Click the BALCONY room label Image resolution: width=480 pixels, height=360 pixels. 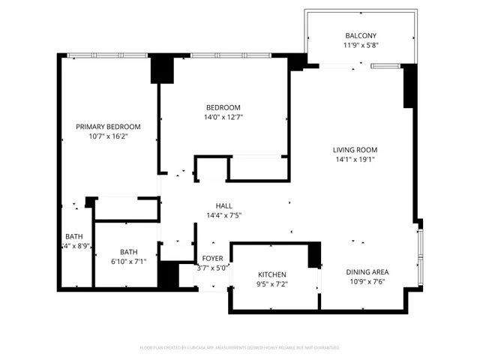(x=360, y=36)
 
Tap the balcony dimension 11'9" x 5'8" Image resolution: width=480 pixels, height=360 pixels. (x=360, y=46)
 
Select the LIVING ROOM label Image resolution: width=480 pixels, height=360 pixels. (x=355, y=149)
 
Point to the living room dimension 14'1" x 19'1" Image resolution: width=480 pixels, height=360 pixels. (x=355, y=159)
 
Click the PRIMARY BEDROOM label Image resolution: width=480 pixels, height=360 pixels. (x=108, y=127)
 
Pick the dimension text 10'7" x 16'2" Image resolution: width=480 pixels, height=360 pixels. (x=108, y=136)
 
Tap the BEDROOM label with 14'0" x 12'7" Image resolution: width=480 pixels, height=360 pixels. (x=223, y=107)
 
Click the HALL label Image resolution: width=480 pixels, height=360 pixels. (x=223, y=205)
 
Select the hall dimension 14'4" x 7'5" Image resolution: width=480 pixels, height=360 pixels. (x=223, y=215)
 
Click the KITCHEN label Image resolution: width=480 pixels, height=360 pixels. (x=272, y=274)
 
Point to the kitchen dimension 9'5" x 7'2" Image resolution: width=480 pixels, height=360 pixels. (x=272, y=284)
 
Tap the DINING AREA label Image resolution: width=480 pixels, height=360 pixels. (x=367, y=271)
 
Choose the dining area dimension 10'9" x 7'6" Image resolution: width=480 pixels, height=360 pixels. (x=367, y=281)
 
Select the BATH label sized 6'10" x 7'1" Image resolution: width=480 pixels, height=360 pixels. (x=128, y=252)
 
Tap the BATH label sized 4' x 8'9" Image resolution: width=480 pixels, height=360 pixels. (x=73, y=236)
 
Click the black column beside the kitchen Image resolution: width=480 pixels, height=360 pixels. (x=314, y=255)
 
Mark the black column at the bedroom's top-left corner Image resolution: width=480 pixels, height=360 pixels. (x=162, y=70)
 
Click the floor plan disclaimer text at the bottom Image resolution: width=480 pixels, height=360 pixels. (x=239, y=347)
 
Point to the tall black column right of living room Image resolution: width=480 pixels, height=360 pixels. (x=409, y=87)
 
